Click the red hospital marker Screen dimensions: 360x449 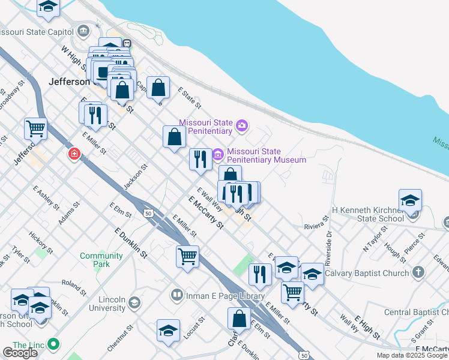tap(74, 154)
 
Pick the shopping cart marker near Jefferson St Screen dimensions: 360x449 tap(35, 128)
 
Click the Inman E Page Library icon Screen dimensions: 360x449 tap(177, 295)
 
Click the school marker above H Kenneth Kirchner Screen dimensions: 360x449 tap(410, 200)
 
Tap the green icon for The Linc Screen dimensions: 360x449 tap(53, 344)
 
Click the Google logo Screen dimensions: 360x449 tap(20, 353)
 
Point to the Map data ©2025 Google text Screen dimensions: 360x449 tap(412, 355)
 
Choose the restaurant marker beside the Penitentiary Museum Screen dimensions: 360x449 tap(200, 159)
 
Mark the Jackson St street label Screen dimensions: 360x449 tap(135, 178)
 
